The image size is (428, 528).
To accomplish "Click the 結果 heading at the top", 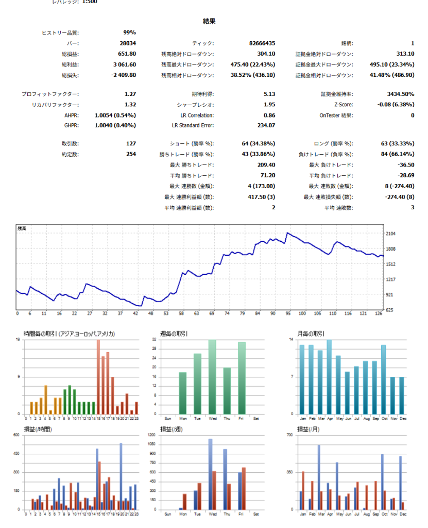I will coord(209,21).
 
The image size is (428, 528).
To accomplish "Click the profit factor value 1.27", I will coord(130,94).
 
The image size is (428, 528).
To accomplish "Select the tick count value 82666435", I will coord(262,43).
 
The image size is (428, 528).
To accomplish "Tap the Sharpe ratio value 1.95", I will coord(269,105).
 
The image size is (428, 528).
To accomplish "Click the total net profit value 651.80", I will coord(127,54).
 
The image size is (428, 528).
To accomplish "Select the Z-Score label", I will coord(344,105).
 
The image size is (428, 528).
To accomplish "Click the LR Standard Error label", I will coord(193,125).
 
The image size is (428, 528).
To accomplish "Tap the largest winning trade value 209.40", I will coord(265,164).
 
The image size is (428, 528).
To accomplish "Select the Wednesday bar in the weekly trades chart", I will coord(212,377).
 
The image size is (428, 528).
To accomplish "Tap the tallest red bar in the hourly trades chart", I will coord(98,377).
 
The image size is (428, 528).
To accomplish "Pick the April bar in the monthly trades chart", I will coord(329,377).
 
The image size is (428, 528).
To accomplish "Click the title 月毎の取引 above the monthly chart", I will coord(311,334).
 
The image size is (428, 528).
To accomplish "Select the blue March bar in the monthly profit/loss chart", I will coord(319,477).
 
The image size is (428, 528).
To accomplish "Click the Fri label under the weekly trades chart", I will coord(242,419).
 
